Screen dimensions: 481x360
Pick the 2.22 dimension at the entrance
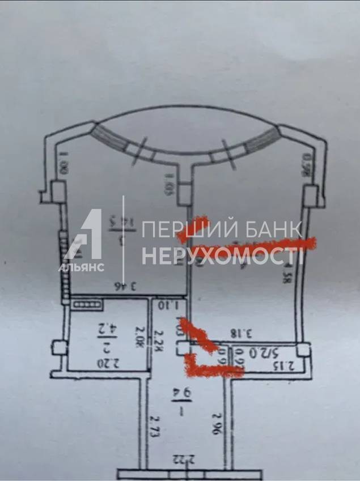pos(183,459)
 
